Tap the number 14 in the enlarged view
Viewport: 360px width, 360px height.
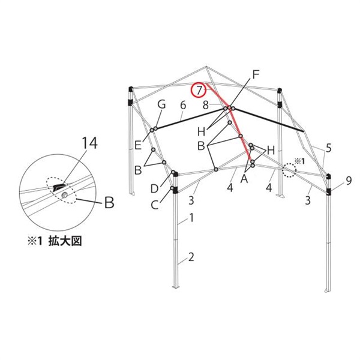coord(90,143)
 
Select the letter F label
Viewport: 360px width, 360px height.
coord(256,74)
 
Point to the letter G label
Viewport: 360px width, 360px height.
coord(161,104)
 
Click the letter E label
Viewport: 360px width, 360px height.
coord(138,145)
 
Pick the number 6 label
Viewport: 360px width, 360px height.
coord(183,105)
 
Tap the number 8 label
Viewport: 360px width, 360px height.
coord(206,106)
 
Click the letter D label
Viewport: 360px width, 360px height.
coord(155,189)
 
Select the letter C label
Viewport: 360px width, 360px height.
coord(155,205)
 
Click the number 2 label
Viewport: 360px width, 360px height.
coord(191,257)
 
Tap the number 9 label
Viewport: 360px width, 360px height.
coord(349,181)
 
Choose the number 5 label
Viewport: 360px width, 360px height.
coord(329,148)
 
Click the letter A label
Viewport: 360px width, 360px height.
coord(244,179)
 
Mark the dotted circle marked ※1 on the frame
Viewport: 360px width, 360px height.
coord(290,170)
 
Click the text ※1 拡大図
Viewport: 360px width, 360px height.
coord(55,242)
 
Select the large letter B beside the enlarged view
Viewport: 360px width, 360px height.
coord(109,203)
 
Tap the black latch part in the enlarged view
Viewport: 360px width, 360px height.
coord(59,187)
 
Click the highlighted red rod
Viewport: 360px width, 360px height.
coord(230,122)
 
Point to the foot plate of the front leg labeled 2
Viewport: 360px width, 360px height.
coord(175,287)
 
